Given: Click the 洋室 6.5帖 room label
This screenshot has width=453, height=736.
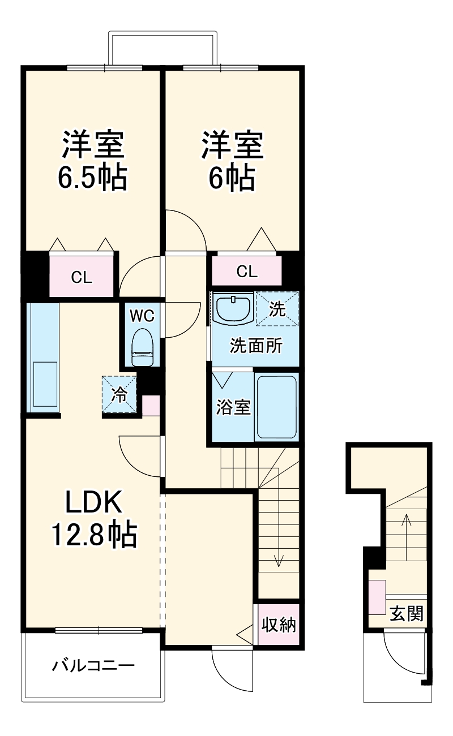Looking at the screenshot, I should tap(93, 161).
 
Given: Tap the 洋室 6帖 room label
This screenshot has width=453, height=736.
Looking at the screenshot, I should tap(231, 161).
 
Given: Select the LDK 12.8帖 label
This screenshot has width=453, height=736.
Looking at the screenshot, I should tap(94, 517).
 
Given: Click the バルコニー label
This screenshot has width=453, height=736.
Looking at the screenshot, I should tap(94, 665).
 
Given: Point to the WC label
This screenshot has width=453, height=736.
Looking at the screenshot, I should tap(142, 316).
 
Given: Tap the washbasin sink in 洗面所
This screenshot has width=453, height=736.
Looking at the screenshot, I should tap(234, 308).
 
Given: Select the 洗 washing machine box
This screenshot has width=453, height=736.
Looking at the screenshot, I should tap(276, 309).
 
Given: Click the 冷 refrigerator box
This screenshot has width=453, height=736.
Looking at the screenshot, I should tap(119, 394).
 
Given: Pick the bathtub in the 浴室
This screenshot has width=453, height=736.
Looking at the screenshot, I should tap(276, 407).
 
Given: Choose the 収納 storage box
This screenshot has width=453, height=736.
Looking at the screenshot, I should tap(279, 625).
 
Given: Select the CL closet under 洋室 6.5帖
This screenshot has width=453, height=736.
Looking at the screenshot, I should tap(82, 277).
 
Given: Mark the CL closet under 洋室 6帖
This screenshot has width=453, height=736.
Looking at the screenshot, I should tap(247, 272).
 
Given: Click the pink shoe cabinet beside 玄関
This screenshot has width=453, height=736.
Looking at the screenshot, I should tap(377, 597).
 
